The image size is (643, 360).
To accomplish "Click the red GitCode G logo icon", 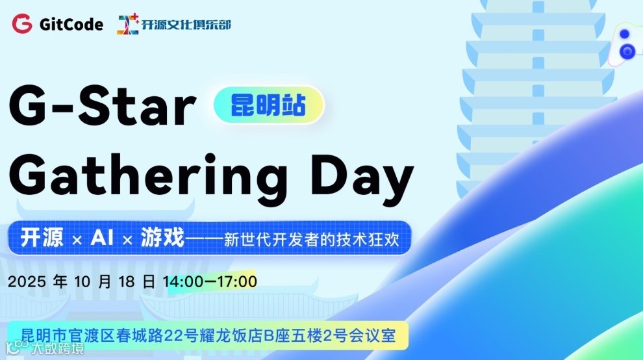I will [x=21, y=25].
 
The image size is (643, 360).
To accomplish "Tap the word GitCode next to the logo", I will [x=71, y=25].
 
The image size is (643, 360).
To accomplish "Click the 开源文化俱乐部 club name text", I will [x=186, y=25].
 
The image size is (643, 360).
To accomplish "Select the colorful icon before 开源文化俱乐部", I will [x=129, y=25].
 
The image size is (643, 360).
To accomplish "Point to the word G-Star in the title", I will [x=103, y=107].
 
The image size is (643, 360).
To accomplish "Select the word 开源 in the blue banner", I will [x=42, y=238].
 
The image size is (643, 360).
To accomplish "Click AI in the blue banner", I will [x=102, y=238].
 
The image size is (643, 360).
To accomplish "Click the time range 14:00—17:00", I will [x=210, y=282].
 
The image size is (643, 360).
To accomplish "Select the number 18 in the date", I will [x=129, y=282].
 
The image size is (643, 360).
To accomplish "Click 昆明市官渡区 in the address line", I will [x=68, y=336].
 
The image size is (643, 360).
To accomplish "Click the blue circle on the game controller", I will [x=627, y=51].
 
